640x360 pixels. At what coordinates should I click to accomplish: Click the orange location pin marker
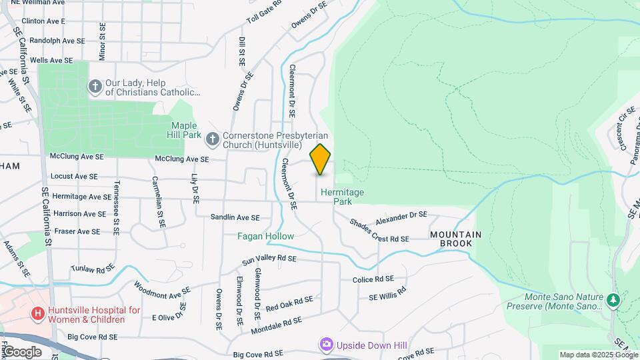[x=320, y=159]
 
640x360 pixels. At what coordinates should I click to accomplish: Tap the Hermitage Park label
[x=343, y=196]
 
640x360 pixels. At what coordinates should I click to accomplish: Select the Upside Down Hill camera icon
[x=327, y=344]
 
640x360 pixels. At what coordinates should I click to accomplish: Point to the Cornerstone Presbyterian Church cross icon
[x=213, y=139]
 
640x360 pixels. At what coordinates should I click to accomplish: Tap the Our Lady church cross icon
[x=95, y=86]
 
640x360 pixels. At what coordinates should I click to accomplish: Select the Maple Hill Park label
[x=186, y=130]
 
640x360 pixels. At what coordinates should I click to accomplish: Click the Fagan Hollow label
[x=266, y=236]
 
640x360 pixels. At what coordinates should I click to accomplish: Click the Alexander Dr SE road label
[x=401, y=218]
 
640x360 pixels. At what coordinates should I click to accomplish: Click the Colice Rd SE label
[x=373, y=279]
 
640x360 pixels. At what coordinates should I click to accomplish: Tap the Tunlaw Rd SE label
[x=93, y=269]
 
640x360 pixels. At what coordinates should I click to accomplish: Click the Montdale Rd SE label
[x=277, y=325]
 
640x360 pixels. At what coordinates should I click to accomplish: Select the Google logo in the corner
[x=22, y=351]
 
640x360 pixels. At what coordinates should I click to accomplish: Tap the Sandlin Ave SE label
[x=235, y=217]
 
